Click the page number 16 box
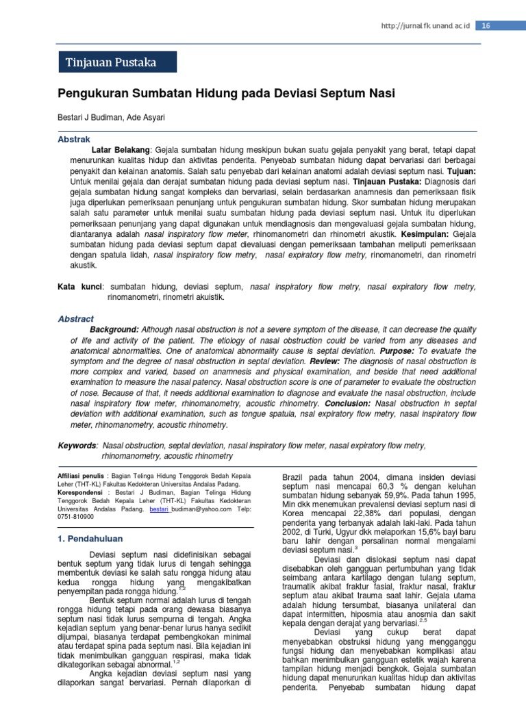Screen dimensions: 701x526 tap(486, 25)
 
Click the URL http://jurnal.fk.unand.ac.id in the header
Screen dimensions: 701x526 tap(426, 25)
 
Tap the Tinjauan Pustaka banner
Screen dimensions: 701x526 tap(117, 62)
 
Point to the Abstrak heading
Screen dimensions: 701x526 tap(73, 139)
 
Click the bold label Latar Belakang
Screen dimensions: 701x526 tap(122, 149)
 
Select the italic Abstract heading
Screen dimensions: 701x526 tap(75, 319)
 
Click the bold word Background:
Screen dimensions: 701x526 tap(114, 329)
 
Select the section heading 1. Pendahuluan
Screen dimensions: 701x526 tap(90, 539)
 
